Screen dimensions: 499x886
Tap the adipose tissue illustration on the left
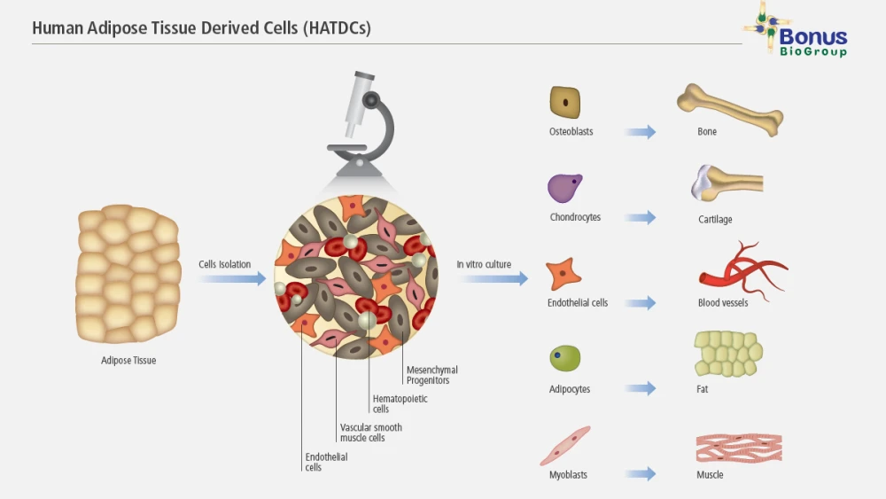pos(128,275)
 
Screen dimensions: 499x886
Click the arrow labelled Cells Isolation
pos(231,279)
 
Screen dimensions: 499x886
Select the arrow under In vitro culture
pos(494,279)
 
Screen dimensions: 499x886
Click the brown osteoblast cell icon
pos(564,102)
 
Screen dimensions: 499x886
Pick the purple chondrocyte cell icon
pos(565,187)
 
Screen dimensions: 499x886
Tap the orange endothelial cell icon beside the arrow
pos(563,274)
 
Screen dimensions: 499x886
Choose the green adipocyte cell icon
pos(564,359)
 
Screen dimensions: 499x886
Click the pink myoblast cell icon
pos(565,445)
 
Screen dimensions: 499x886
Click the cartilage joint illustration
pos(725,184)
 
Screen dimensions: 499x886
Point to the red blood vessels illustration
pos(740,268)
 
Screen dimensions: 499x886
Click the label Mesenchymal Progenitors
pos(432,375)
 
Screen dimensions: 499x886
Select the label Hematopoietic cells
pos(400,404)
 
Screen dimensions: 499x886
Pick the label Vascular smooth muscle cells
pos(370,433)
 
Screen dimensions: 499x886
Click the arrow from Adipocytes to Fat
pos(640,388)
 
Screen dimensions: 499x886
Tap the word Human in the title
pos(56,28)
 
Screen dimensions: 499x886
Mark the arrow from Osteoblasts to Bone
pos(640,132)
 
